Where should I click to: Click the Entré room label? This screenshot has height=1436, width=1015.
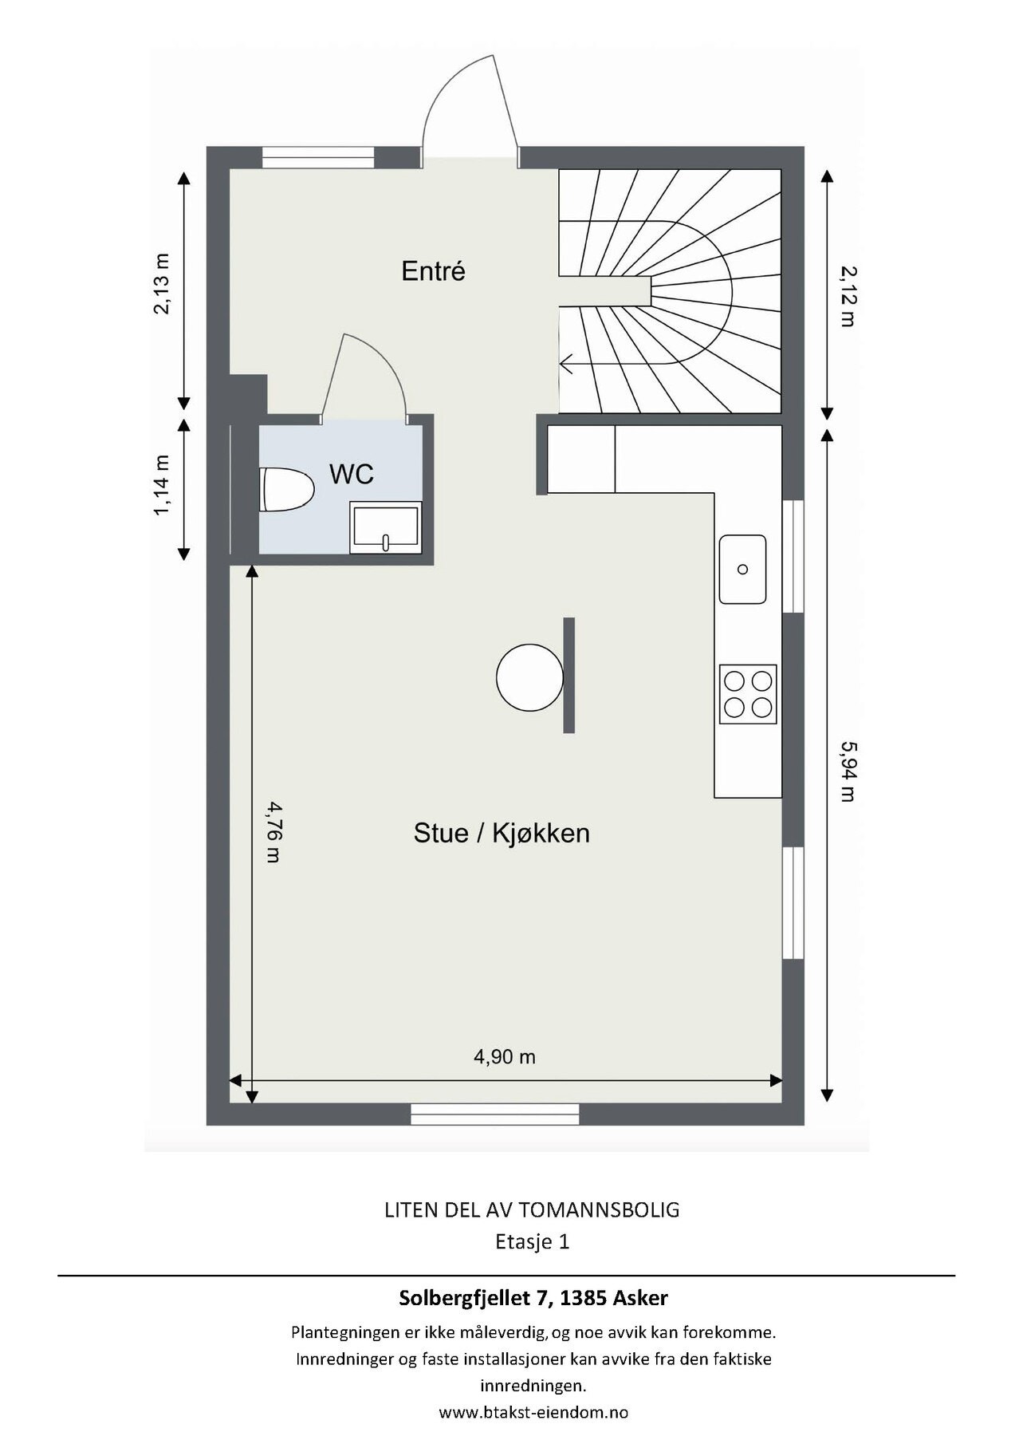433,271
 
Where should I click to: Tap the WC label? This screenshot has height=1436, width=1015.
352,474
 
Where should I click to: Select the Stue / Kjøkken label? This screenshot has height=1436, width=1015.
502,833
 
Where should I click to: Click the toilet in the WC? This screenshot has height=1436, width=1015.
286,489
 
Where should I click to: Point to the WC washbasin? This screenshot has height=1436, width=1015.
385,527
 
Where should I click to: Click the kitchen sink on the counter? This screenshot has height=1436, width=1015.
742,569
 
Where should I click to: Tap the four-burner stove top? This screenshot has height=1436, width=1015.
748,694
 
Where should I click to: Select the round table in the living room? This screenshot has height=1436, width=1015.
529,677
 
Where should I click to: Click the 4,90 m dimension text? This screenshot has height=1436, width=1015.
505,1057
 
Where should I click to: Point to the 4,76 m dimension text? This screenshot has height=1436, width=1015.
273,833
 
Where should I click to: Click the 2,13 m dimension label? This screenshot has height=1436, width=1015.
162,284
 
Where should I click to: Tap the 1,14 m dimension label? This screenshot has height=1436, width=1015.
162,485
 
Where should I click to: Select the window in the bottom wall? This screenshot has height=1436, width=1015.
495,1114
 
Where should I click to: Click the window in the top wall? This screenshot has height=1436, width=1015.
318,158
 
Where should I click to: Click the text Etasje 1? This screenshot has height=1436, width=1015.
533,1242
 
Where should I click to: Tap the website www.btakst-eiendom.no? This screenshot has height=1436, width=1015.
533,1412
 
